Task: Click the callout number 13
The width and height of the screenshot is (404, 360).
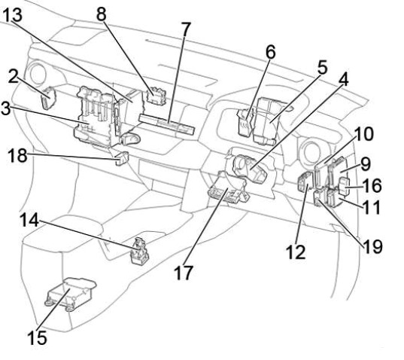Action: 12,15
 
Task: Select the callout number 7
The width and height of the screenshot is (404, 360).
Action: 186,29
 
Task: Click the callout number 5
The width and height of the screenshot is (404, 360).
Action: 322,67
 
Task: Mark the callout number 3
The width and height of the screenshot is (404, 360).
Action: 6,108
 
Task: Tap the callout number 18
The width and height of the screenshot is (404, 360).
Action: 17,155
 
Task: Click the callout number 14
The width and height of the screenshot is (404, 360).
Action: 29,220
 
